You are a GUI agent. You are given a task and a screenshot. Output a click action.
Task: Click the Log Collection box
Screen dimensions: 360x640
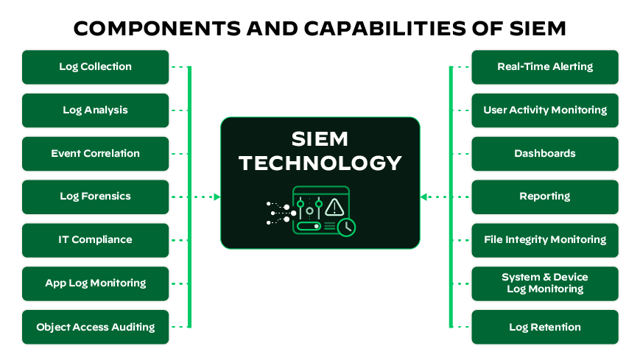coord(96,67)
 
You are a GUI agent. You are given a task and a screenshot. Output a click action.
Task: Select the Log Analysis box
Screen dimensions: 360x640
coord(96,110)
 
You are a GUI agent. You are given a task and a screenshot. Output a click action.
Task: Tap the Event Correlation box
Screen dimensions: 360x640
coord(96,154)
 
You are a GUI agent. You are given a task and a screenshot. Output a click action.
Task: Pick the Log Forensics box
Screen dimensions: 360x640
coord(96,197)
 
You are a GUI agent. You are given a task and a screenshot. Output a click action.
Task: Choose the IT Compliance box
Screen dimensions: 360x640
coord(96,240)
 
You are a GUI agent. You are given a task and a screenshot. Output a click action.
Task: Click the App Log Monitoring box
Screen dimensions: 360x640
coord(96,283)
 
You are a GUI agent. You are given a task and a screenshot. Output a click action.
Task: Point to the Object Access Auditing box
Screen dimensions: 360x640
coord(96,327)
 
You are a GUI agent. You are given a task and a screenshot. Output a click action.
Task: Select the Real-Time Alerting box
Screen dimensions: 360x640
coord(545,67)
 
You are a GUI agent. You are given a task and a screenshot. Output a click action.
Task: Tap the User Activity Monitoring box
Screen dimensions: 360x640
coord(545,110)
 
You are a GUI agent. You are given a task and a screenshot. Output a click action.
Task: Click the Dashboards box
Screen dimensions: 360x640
coord(545,154)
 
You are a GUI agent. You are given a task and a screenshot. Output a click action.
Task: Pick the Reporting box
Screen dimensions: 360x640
coord(545,197)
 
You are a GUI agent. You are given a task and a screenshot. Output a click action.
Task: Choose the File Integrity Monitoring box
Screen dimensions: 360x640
coord(545,240)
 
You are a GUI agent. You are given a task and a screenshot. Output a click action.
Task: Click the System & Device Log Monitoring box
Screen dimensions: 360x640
coord(545,283)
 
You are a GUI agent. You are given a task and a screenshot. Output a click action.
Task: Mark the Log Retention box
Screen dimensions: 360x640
coord(545,327)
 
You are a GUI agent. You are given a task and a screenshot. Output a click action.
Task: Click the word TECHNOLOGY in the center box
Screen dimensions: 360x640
coord(320,163)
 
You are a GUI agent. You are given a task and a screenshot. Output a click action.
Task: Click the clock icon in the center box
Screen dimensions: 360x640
coord(346,227)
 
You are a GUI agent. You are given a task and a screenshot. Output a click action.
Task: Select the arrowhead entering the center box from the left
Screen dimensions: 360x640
coord(217,197)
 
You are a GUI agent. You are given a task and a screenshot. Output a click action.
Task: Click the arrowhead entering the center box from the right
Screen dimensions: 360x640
coord(424,197)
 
